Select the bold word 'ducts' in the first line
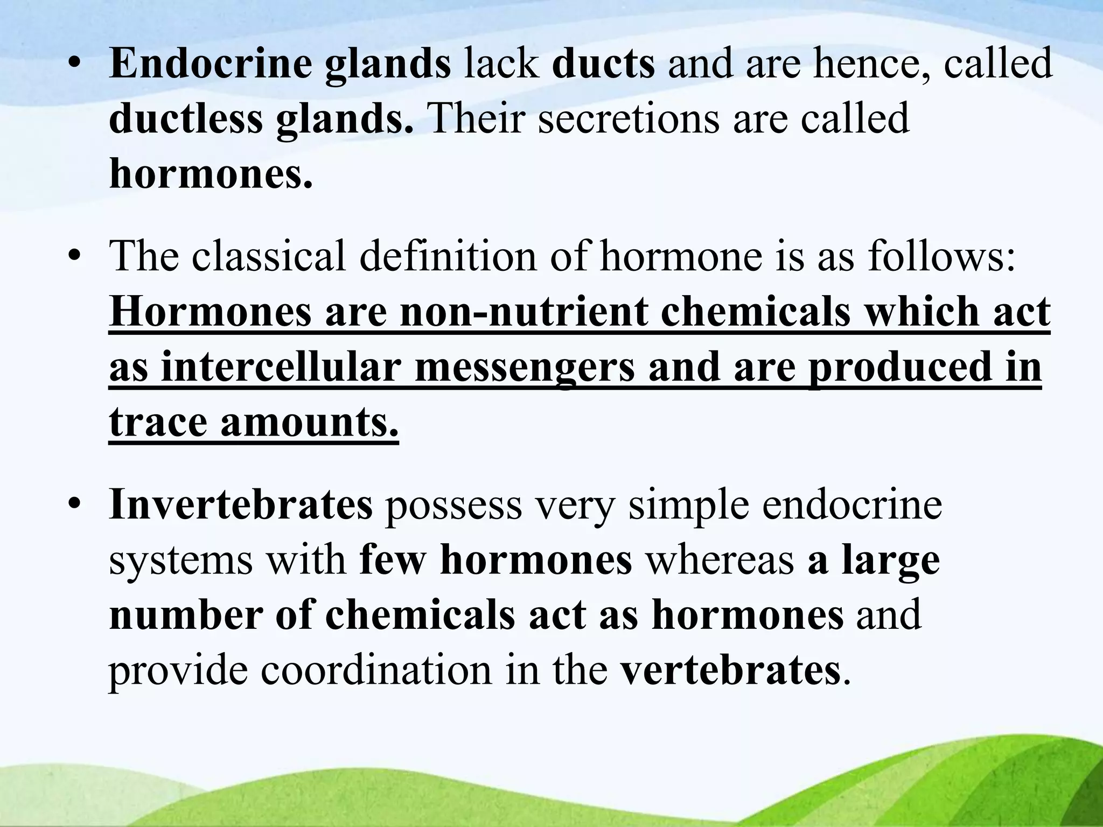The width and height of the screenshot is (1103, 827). point(603,64)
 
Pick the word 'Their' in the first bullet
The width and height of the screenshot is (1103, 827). point(476,120)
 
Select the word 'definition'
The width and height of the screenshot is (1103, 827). point(448,256)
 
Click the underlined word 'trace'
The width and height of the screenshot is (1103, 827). point(158,423)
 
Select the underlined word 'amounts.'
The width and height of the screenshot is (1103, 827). point(310,423)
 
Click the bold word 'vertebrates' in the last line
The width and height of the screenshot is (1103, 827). point(730,671)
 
